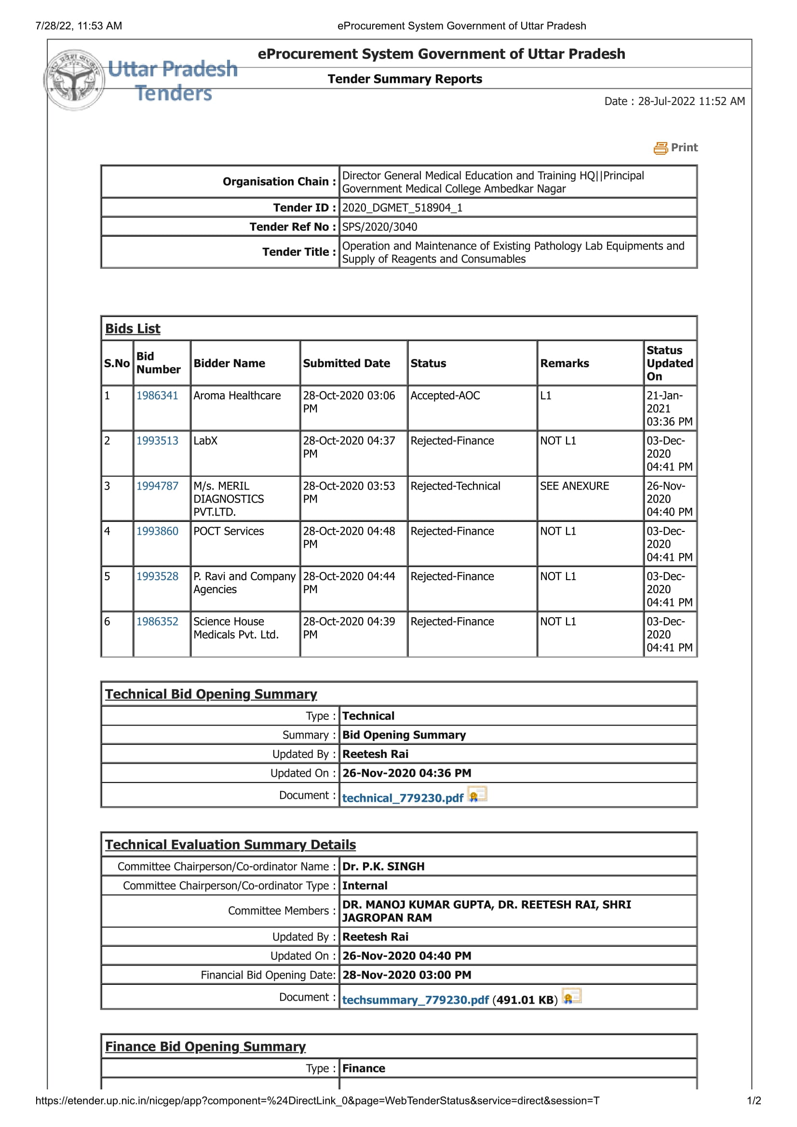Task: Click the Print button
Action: pyautogui.click(x=675, y=148)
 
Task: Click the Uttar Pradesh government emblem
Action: pyautogui.click(x=74, y=80)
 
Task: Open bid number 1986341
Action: pyautogui.click(x=157, y=396)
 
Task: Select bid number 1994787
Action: pyautogui.click(x=157, y=486)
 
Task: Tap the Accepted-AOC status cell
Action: pyautogui.click(x=445, y=396)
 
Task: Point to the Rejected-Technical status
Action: pyautogui.click(x=455, y=486)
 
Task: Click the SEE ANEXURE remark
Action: pyautogui.click(x=574, y=486)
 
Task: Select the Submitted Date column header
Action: pyautogui.click(x=346, y=363)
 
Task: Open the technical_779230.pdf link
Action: pyautogui.click(x=403, y=798)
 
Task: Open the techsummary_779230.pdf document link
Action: pyautogui.click(x=416, y=1000)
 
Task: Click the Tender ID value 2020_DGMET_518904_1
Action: pyautogui.click(x=402, y=208)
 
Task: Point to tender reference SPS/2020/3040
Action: pyautogui.click(x=379, y=227)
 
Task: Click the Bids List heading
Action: pyautogui.click(x=133, y=329)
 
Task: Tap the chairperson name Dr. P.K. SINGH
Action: pyautogui.click(x=383, y=866)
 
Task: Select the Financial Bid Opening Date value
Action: pyautogui.click(x=406, y=975)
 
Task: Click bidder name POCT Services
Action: pyautogui.click(x=229, y=531)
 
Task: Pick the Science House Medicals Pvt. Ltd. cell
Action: pyautogui.click(x=236, y=628)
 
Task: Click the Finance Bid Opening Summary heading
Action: pyautogui.click(x=205, y=1047)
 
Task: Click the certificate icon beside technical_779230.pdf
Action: pyautogui.click(x=477, y=794)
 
